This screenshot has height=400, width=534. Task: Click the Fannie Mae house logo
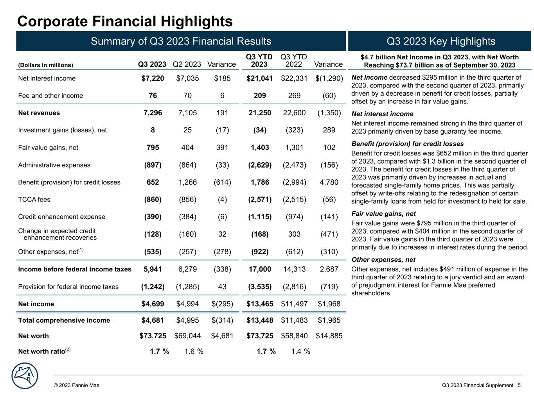click(25, 376)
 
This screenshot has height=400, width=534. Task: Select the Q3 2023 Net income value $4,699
click(153, 304)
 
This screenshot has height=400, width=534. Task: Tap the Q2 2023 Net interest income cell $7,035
click(187, 79)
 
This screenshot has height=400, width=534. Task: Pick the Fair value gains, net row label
click(48, 148)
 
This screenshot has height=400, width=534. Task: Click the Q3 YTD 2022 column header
click(294, 61)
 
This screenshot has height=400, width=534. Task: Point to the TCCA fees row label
click(34, 200)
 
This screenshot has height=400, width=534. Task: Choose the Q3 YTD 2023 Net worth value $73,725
click(259, 336)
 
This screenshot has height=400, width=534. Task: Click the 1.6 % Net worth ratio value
click(194, 352)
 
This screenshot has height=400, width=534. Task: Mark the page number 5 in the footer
click(519, 386)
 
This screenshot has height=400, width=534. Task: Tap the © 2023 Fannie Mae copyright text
click(77, 386)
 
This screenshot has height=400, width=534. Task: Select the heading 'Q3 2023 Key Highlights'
click(441, 41)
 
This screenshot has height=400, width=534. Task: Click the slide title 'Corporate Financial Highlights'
click(125, 21)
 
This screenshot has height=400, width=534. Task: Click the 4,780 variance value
click(329, 182)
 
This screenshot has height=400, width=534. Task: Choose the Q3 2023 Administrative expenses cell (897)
click(153, 165)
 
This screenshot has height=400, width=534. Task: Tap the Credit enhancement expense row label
click(56, 217)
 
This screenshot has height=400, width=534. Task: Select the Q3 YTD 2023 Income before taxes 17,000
click(259, 269)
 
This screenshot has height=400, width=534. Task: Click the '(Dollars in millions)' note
click(45, 65)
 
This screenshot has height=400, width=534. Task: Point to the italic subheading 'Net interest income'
click(382, 114)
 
